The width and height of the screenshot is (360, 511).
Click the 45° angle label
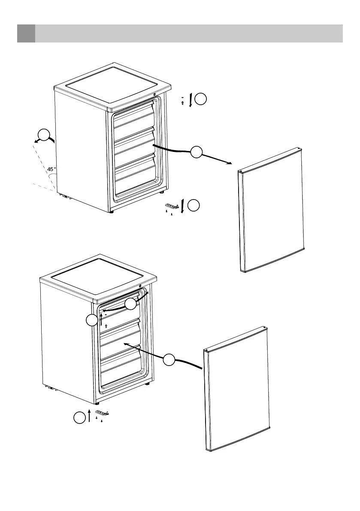click(51, 169)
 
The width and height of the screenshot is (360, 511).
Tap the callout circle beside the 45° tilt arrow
click(43, 135)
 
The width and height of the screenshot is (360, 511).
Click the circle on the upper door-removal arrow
click(197, 151)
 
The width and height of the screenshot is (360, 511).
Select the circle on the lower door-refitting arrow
click(169, 360)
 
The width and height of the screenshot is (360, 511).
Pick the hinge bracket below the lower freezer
click(102, 413)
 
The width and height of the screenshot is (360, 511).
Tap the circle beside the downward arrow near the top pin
click(200, 100)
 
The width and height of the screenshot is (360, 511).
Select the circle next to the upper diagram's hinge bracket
click(194, 206)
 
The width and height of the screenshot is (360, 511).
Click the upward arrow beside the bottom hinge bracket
click(89, 416)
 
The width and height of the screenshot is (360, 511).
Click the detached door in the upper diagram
click(271, 210)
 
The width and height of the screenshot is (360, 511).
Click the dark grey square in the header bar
click(26, 33)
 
